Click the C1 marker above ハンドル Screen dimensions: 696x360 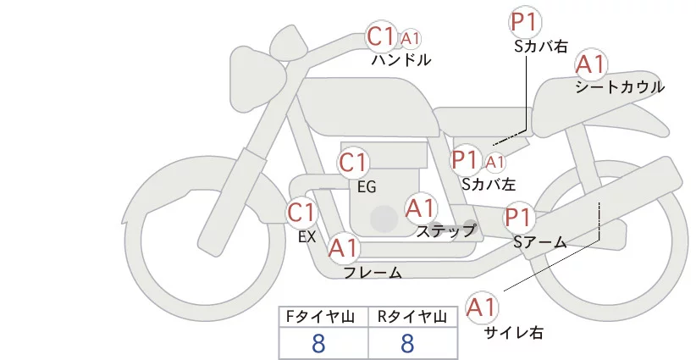tap(382, 36)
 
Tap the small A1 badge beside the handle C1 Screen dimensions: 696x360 tap(411, 38)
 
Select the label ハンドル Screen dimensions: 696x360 tap(401, 60)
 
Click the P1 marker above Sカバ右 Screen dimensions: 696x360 tap(525, 23)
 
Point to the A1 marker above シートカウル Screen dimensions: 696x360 tap(590, 64)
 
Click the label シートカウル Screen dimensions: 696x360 tap(619, 86)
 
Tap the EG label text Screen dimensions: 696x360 tap(367, 186)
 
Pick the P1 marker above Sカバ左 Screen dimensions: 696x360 tap(467, 158)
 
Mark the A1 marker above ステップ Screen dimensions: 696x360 tap(420, 207)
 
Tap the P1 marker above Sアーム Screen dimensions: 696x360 tap(518, 217)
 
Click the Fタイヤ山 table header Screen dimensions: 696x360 tap(323, 317)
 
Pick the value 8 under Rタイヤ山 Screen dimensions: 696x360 tap(407, 343)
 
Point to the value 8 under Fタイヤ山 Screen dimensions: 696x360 tap(318, 343)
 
